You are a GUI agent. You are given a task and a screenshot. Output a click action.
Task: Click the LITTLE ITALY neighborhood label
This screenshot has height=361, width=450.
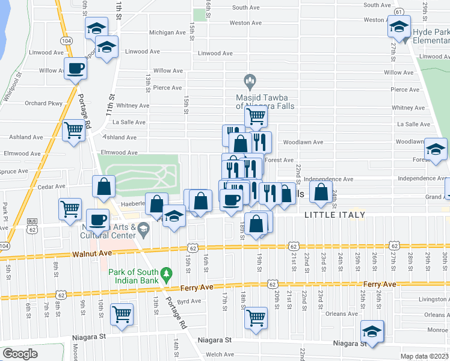[x=335, y=215]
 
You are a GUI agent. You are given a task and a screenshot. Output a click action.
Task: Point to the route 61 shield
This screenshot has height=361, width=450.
[x=398, y=11]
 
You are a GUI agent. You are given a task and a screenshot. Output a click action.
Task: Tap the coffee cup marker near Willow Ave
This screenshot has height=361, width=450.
[x=76, y=68]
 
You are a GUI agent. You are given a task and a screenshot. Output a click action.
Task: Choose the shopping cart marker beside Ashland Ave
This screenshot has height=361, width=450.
[x=73, y=129]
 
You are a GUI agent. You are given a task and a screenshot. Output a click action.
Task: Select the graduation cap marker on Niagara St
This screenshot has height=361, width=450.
[x=372, y=331]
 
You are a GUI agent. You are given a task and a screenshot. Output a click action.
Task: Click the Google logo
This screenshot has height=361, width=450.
[x=19, y=353]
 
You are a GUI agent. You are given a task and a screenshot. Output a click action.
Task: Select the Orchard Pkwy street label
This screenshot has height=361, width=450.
[x=43, y=103]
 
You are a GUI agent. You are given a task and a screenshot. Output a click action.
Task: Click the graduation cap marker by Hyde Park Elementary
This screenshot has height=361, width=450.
[x=398, y=28]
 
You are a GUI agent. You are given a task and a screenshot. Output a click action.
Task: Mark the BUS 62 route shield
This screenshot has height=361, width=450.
[x=31, y=226]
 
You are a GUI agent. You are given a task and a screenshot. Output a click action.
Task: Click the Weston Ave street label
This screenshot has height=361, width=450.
[x=245, y=23]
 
